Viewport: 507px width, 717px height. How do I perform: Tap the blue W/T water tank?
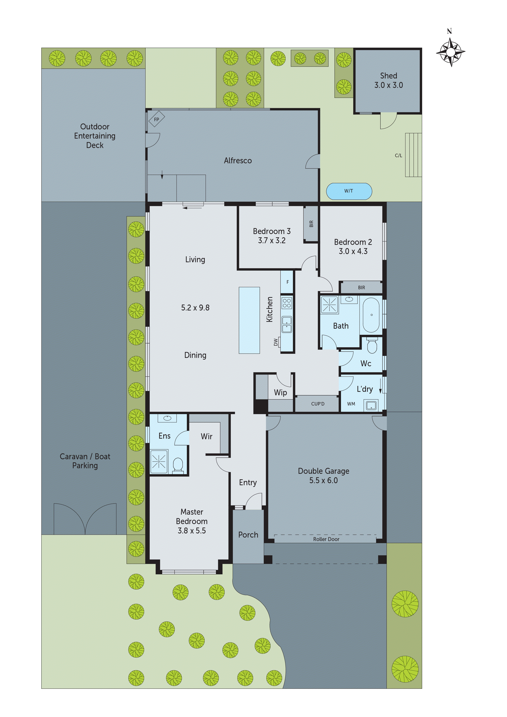click(x=349, y=191)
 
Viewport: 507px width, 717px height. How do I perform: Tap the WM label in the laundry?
click(x=351, y=404)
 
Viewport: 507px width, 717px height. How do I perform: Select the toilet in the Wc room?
click(x=372, y=345)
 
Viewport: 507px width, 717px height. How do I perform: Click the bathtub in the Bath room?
click(x=371, y=315)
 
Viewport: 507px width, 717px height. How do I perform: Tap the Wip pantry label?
click(x=280, y=393)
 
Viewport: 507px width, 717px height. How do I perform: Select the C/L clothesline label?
click(x=398, y=155)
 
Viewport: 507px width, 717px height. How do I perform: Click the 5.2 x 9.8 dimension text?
click(x=195, y=308)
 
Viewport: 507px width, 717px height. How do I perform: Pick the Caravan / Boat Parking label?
click(x=85, y=461)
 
